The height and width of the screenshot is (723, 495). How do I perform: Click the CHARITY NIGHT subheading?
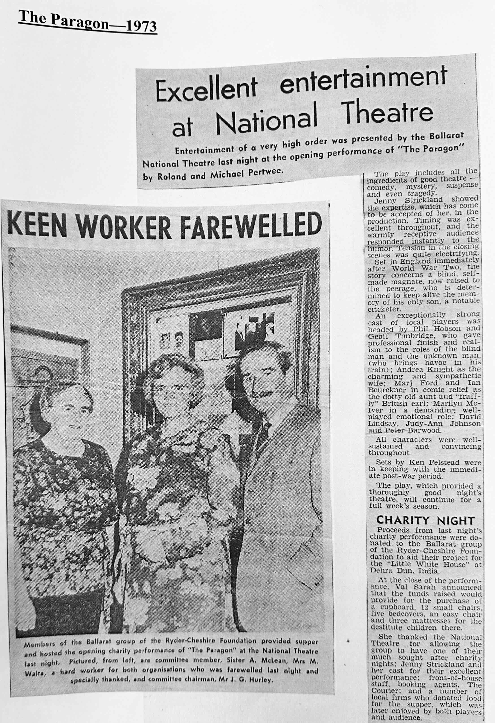(425, 520)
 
